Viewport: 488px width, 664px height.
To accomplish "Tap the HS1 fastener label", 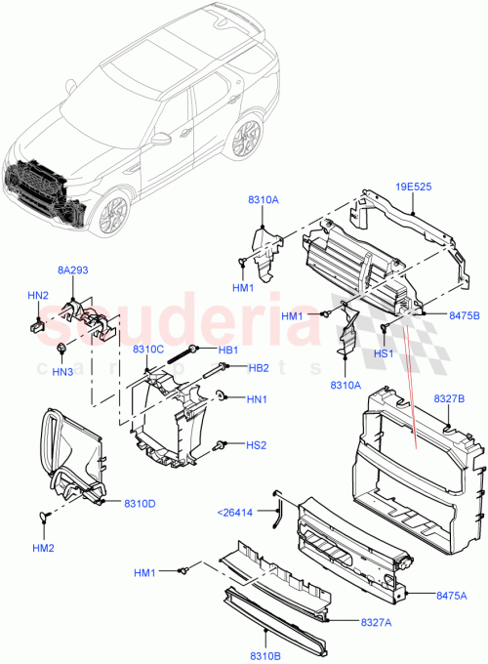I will pyautogui.click(x=384, y=354).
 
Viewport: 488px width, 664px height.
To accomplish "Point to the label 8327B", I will pyautogui.click(x=448, y=399).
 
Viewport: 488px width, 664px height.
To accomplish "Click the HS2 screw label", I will pyautogui.click(x=257, y=445).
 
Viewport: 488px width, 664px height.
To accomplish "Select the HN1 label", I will pyautogui.click(x=257, y=398).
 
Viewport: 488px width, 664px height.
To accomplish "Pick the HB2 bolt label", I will pyautogui.click(x=259, y=368).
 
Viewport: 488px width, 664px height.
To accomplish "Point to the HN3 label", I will pyautogui.click(x=62, y=371).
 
